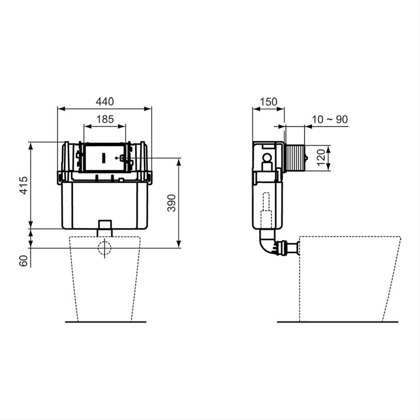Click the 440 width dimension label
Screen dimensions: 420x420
point(105,101)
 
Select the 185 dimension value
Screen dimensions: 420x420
point(105,119)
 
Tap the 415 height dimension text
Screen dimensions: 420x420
point(24,185)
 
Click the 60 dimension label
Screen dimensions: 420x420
point(24,260)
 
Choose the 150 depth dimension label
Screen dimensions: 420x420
point(268,101)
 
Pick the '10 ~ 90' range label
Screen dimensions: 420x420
point(330,119)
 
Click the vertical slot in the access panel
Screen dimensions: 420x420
point(104,158)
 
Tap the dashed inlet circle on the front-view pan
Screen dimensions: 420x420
point(105,248)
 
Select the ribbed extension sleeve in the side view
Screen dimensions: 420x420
point(294,158)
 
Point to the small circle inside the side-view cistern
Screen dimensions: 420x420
point(267,158)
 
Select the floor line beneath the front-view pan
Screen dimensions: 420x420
point(105,321)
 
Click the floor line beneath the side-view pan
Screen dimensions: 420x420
point(337,321)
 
